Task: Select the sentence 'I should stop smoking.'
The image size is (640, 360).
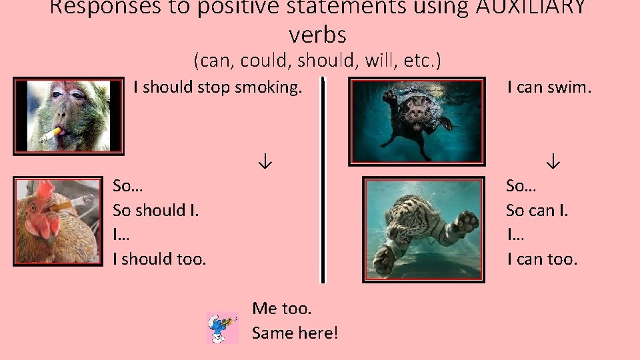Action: click(217, 87)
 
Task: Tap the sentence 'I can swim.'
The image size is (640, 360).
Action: click(549, 87)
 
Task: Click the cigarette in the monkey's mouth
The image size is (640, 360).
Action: click(50, 135)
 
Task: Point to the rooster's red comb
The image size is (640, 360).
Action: click(45, 193)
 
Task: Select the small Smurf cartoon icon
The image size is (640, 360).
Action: click(223, 328)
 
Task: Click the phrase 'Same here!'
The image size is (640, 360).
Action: click(295, 332)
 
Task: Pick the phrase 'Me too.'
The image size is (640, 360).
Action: click(281, 308)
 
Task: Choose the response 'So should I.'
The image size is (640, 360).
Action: click(156, 211)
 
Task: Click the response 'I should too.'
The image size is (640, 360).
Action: click(159, 259)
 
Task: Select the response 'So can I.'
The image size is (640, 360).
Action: click(537, 211)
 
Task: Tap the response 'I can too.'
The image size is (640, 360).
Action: click(542, 259)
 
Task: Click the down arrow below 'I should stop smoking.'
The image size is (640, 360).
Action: click(265, 162)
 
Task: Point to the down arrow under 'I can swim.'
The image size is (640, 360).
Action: click(553, 162)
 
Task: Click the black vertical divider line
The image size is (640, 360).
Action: click(323, 180)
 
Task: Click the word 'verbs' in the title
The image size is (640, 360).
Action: click(318, 34)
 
